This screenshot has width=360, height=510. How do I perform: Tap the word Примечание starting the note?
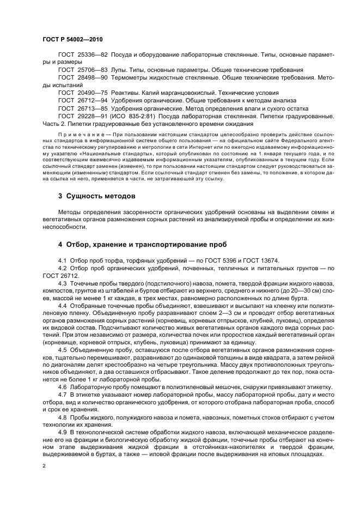click(x=80, y=133)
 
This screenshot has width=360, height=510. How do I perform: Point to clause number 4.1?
click(x=62, y=260)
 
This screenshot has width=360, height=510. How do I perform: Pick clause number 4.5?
click(x=62, y=349)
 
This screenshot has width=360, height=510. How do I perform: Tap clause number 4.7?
click(x=62, y=393)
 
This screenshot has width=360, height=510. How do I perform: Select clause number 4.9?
click(x=62, y=431)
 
